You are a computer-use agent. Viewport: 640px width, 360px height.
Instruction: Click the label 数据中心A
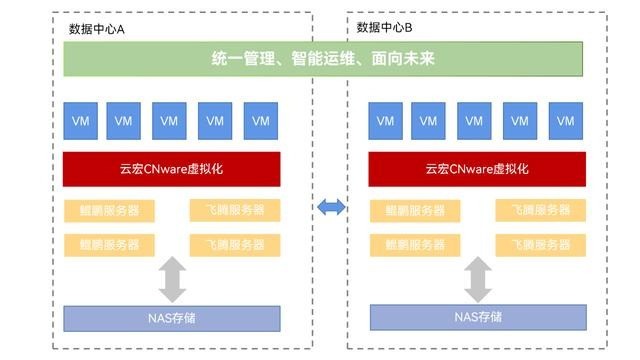[96, 29]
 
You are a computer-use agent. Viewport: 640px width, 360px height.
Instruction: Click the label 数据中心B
[385, 25]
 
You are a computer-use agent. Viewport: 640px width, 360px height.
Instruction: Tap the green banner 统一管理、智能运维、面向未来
[323, 60]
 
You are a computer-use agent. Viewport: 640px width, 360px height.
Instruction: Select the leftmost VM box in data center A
[79, 120]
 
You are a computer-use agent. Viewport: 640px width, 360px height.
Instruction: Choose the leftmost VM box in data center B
[385, 120]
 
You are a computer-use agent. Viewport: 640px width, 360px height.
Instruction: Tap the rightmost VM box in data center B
[566, 120]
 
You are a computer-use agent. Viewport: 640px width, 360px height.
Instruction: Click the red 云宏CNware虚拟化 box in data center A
[171, 168]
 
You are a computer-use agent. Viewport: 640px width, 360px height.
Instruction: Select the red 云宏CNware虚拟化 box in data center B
[476, 168]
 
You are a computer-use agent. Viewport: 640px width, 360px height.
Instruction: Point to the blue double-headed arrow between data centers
[330, 207]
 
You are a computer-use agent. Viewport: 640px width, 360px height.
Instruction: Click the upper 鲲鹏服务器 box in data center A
[109, 210]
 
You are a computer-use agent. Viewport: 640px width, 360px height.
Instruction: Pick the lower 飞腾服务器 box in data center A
[235, 244]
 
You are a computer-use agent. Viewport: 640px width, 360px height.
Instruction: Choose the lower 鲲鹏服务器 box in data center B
[415, 244]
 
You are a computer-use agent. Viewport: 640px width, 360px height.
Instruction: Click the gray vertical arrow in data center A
[173, 279]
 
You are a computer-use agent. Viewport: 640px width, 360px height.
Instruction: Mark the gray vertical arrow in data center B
[477, 279]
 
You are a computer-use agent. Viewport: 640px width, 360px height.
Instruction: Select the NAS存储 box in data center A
[171, 318]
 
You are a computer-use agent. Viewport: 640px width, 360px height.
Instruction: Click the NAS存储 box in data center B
[477, 317]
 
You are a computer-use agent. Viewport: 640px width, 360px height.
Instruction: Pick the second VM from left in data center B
[428, 120]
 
